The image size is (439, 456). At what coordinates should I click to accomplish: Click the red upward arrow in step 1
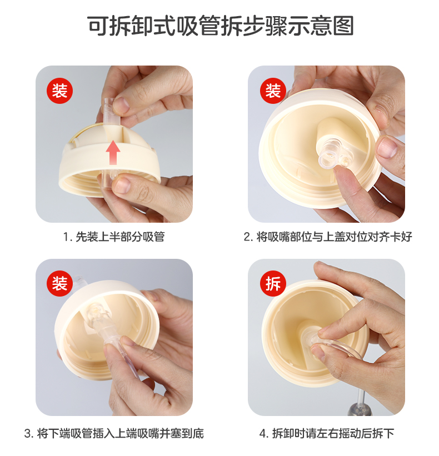[113, 153]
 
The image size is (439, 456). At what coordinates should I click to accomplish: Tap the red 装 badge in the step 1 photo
[59, 91]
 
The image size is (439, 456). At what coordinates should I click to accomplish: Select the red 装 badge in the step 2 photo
[273, 91]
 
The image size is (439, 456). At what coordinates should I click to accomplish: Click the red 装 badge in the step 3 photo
[59, 284]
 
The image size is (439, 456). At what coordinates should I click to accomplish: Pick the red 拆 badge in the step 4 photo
[273, 284]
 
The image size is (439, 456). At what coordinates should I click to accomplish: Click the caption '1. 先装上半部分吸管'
[114, 237]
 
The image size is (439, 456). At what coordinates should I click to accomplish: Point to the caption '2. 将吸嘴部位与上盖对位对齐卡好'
[328, 237]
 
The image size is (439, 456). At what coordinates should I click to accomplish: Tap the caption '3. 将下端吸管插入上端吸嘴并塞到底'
[114, 433]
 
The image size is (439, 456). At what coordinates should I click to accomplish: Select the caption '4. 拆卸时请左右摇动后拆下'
[326, 433]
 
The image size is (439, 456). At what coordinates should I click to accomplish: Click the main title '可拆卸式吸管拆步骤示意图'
[221, 26]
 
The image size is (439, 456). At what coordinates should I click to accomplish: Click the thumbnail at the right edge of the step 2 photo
[387, 147]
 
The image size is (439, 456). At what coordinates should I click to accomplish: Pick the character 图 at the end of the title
[343, 26]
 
